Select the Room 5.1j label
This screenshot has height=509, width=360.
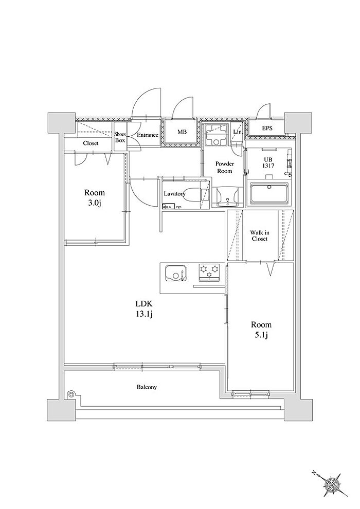point(261,330)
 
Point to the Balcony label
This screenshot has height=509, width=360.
point(147,387)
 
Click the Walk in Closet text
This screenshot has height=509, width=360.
point(259,235)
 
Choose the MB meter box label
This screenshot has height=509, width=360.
point(182,132)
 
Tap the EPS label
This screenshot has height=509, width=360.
point(267,129)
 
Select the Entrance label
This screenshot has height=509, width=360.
point(148,135)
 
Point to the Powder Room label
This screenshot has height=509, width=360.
point(224,168)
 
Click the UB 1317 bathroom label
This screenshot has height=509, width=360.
point(269,162)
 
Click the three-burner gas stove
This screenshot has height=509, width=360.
point(209,271)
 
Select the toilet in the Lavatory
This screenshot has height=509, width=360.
point(193,194)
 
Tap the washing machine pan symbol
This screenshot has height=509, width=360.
point(215,135)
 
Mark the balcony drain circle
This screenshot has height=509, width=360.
point(70,394)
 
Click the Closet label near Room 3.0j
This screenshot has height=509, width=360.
point(91,143)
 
